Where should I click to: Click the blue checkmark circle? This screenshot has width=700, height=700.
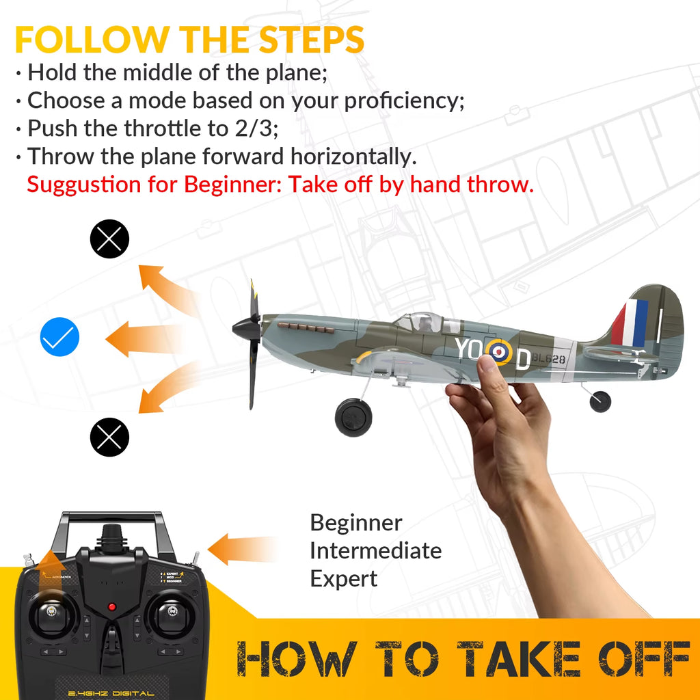pyautogui.click(x=60, y=337)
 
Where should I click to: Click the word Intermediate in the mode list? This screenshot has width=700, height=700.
pyautogui.click(x=375, y=550)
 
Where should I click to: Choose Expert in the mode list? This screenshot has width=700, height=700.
pyautogui.click(x=343, y=578)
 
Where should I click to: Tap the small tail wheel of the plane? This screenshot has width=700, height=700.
pyautogui.click(x=600, y=401)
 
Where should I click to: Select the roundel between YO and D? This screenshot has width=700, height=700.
pyautogui.click(x=498, y=352)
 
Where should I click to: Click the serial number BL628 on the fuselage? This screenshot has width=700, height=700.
pyautogui.click(x=549, y=358)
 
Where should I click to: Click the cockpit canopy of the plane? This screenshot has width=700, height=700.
pyautogui.click(x=428, y=321)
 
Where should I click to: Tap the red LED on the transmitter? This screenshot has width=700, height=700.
pyautogui.click(x=112, y=607)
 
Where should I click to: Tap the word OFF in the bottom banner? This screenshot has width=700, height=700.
pyautogui.click(x=626, y=660)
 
